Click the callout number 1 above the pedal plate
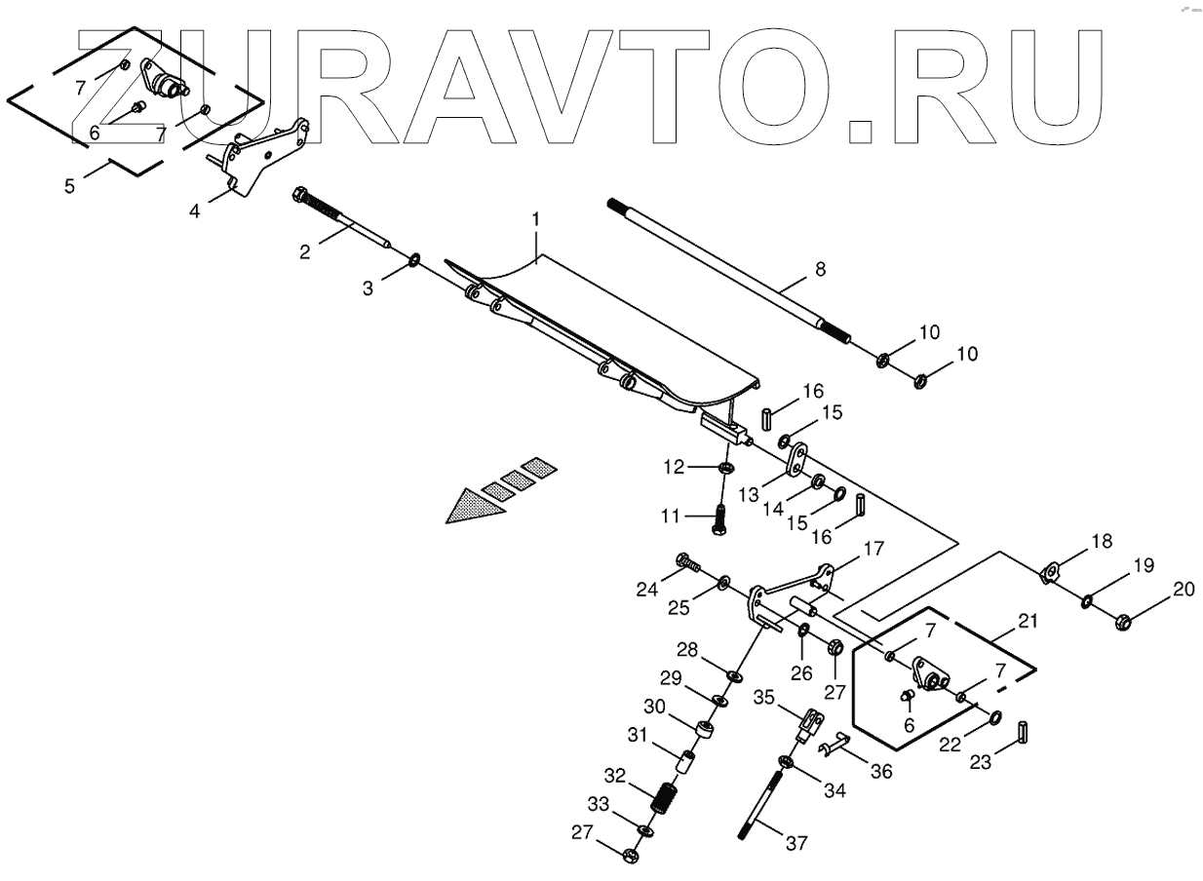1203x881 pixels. pyautogui.click(x=535, y=221)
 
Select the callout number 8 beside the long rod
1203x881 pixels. pyautogui.click(x=820, y=270)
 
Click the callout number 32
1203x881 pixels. pyautogui.click(x=613, y=777)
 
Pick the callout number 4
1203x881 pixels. pyautogui.click(x=195, y=210)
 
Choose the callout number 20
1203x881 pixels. pyautogui.click(x=1183, y=589)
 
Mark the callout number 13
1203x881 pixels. pyautogui.click(x=749, y=496)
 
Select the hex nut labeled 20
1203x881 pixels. pyautogui.click(x=1122, y=619)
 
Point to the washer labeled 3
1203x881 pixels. pyautogui.click(x=414, y=259)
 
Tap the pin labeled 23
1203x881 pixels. pyautogui.click(x=1024, y=731)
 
